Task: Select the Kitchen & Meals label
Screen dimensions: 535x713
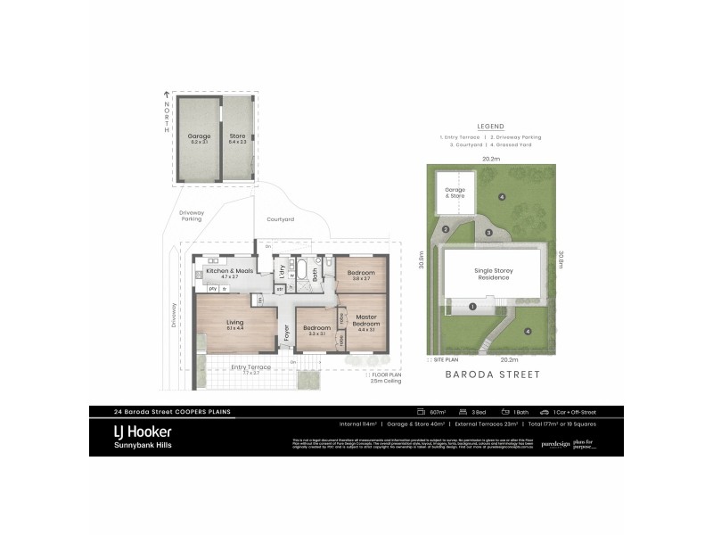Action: tap(225, 271)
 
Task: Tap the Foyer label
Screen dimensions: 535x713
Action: tap(286, 334)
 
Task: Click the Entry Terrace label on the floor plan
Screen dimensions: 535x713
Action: tap(250, 366)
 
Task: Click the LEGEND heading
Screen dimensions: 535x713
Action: tap(491, 127)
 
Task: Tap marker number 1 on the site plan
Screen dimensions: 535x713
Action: tap(472, 307)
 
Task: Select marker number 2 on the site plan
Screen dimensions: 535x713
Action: tap(444, 229)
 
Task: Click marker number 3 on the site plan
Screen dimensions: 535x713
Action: tap(488, 233)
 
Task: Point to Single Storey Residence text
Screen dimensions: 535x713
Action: tap(492, 274)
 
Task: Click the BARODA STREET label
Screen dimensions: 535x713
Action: tap(491, 375)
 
